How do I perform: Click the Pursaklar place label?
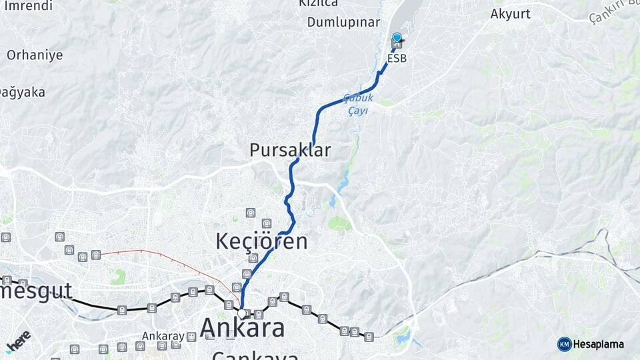coord(289,150)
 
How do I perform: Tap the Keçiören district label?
coord(261,241)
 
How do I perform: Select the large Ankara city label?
coord(242,327)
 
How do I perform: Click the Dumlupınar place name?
coord(343,22)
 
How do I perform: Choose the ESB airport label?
coord(397,59)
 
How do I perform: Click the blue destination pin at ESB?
coord(397,39)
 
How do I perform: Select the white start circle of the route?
coord(241,313)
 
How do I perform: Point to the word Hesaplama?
coord(598,344)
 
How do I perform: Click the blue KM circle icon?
coord(564,344)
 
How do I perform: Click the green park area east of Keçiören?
coord(340,223)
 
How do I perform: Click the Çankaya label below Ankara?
coord(255,355)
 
